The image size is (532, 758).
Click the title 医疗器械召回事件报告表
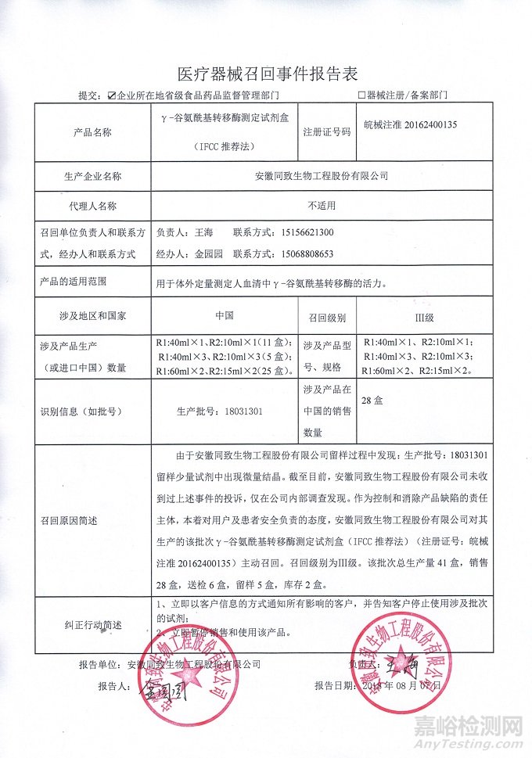(267, 74)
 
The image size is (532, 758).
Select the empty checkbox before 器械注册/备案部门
(361, 96)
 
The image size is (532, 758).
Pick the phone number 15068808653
(306, 254)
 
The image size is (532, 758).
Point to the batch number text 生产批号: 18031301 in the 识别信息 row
(221, 411)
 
